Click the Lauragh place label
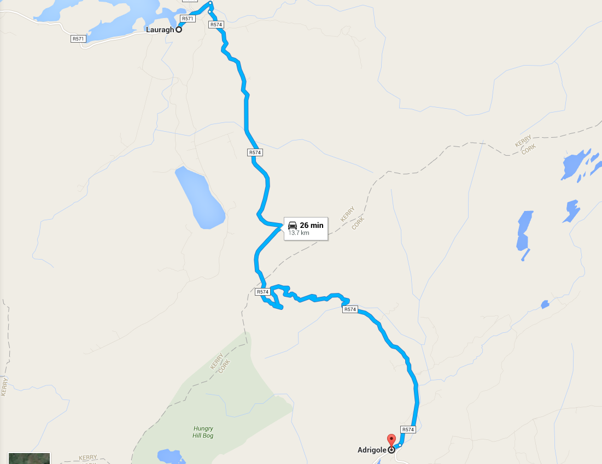[160, 30]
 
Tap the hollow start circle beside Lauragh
[178, 30]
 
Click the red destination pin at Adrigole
[391, 440]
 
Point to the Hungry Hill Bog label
[203, 432]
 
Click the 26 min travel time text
[311, 225]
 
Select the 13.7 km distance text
[299, 233]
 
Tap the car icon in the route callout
[293, 225]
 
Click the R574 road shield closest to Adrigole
[408, 430]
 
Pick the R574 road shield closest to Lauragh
[217, 25]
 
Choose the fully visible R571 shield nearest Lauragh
[188, 19]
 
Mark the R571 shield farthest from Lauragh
[78, 39]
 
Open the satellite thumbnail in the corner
[29, 458]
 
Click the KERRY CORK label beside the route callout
[352, 218]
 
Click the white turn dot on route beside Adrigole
[400, 445]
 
